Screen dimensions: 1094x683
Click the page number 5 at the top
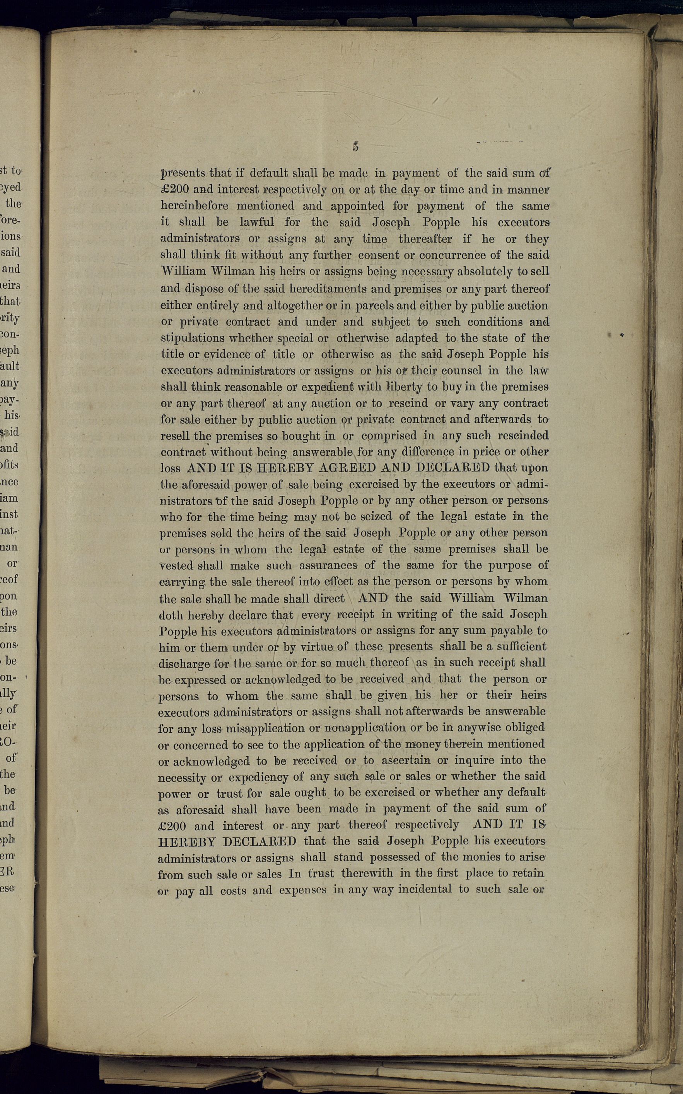[356, 147]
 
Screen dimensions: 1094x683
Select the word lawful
[256, 222]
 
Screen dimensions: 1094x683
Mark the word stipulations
[193, 338]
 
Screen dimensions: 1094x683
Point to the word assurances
[328, 565]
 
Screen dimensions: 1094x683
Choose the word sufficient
[522, 647]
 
